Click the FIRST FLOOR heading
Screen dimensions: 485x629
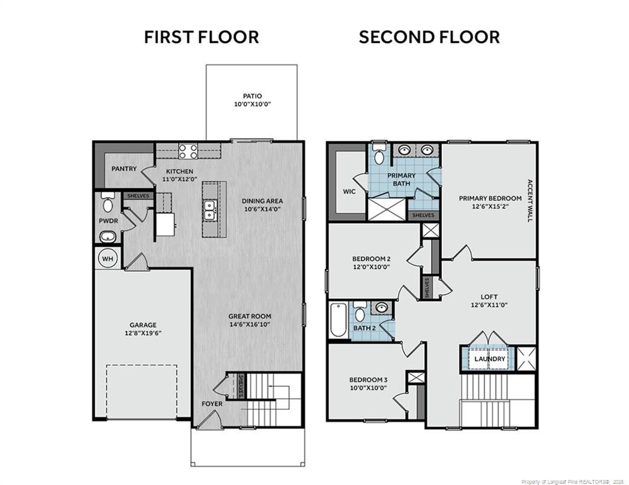tap(201, 37)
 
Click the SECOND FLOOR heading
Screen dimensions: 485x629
tap(429, 37)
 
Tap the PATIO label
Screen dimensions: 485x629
tap(252, 96)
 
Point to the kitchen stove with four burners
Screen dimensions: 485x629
tap(187, 151)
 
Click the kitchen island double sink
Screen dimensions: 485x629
tap(211, 210)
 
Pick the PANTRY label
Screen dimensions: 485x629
tap(125, 169)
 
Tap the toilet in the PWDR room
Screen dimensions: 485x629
tap(107, 203)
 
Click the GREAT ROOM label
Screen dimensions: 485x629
tap(250, 316)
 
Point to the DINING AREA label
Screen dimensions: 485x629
tap(261, 201)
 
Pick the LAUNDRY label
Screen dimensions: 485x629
tap(490, 359)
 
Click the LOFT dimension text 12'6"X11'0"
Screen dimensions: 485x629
tap(489, 305)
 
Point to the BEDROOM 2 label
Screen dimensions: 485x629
tap(371, 258)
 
